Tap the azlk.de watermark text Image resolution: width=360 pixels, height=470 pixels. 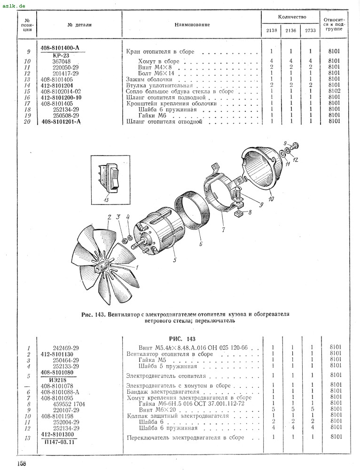[x=14, y=5]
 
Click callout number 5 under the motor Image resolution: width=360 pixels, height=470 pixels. [x=173, y=260]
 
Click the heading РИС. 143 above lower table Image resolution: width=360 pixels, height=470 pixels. [x=181, y=339]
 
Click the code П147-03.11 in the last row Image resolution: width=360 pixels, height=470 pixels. [x=61, y=441]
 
